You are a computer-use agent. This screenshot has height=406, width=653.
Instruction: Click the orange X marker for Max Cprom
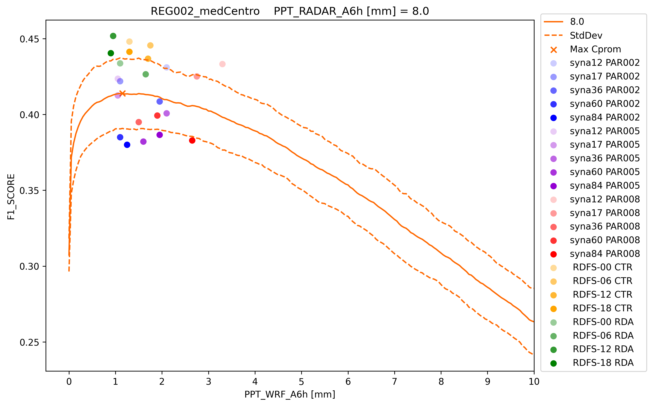click(x=122, y=93)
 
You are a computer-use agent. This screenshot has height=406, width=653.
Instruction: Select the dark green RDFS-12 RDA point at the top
click(x=113, y=36)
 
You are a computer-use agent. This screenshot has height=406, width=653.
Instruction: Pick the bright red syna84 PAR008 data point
click(x=192, y=140)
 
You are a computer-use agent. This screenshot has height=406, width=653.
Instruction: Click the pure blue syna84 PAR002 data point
click(x=127, y=145)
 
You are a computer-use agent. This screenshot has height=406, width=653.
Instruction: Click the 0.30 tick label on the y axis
click(x=29, y=267)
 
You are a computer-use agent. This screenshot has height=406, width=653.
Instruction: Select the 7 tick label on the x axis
click(x=395, y=381)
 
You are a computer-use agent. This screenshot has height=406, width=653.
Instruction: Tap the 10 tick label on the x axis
click(x=534, y=381)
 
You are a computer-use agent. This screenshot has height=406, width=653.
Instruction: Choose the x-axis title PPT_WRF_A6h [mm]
click(x=289, y=394)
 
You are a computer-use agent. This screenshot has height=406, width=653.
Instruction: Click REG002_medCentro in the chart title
click(x=205, y=11)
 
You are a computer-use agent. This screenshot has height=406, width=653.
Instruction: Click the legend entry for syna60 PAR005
click(x=605, y=172)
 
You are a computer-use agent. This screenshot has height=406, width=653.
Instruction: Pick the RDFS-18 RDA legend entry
click(x=603, y=363)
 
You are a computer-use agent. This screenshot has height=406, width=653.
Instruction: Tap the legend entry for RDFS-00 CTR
click(x=602, y=267)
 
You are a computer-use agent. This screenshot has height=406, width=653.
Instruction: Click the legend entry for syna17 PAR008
click(x=605, y=213)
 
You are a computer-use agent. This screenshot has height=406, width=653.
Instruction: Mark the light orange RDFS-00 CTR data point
click(x=129, y=42)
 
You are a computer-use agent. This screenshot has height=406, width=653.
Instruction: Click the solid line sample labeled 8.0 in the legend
click(x=553, y=22)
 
